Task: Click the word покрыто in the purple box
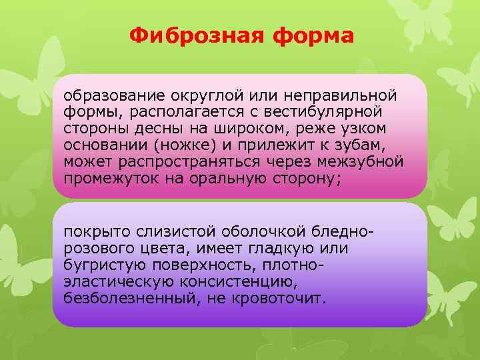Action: (95, 231)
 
